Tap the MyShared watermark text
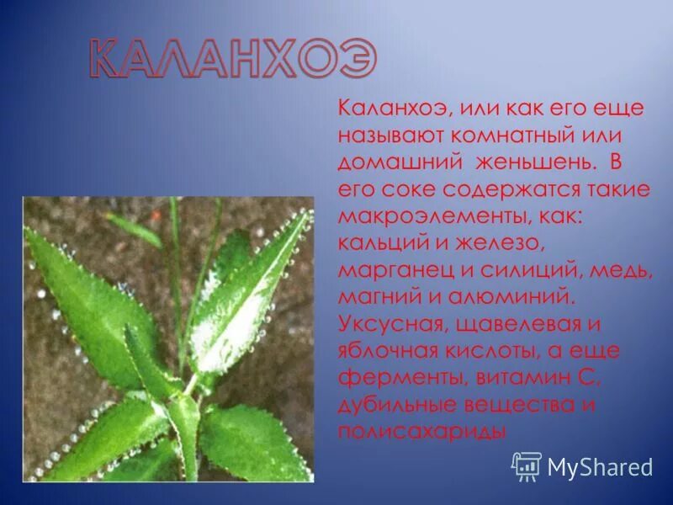click(x=599, y=466)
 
